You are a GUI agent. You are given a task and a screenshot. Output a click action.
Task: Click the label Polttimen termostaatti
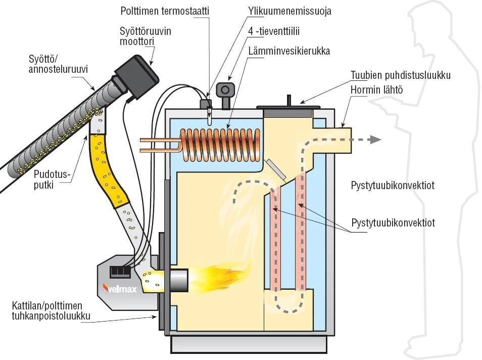165,11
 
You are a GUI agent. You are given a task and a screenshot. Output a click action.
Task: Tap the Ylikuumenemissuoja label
290,11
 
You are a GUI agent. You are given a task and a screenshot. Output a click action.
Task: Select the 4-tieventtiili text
274,31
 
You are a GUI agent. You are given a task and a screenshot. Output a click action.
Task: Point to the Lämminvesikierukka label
289,51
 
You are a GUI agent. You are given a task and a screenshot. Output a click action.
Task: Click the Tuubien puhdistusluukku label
401,75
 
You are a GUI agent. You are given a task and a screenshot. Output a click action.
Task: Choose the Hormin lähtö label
376,90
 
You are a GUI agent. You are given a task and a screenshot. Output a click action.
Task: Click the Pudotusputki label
52,179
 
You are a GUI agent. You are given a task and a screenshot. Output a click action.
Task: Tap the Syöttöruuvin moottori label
146,36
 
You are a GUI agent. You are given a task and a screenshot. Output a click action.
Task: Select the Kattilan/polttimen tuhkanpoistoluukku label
51,310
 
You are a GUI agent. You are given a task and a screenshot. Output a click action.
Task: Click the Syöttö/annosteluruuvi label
58,64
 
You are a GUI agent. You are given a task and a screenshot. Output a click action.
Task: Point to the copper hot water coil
219,145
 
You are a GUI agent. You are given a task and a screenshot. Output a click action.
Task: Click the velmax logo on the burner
120,289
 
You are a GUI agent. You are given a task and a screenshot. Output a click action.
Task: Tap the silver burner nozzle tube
178,280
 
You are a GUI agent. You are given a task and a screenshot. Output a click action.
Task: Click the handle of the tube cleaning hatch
289,100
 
